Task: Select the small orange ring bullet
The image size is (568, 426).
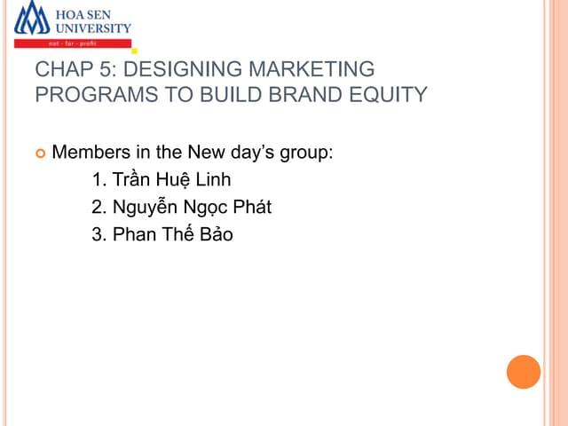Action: coord(39,153)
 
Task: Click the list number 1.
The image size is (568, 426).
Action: coord(98,180)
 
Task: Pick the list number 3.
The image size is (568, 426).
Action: coord(98,235)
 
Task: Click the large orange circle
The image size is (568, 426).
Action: coord(524,371)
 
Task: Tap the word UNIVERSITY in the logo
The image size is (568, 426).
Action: coord(93,28)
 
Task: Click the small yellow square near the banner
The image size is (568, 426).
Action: coord(134,51)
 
